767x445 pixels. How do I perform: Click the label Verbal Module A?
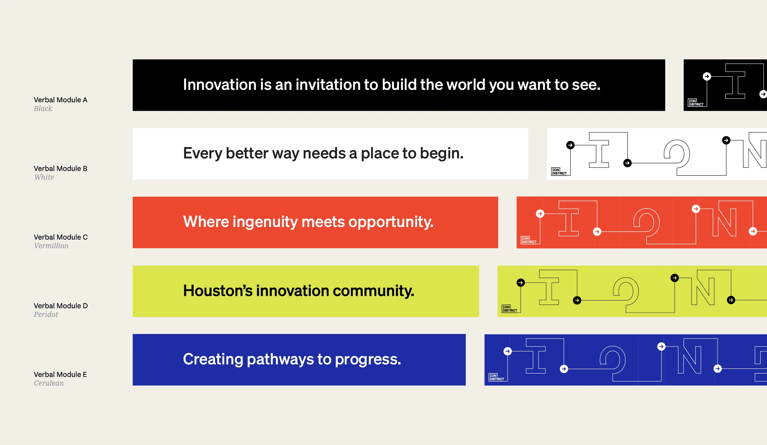coord(61,100)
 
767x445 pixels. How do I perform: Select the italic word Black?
coord(43,109)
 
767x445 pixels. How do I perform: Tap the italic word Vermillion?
coord(51,246)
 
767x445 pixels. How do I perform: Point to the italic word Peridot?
coord(46,314)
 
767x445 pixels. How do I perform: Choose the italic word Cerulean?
coord(49,383)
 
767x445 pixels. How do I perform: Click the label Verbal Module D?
coord(61,306)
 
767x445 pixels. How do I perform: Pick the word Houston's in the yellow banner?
coord(218,291)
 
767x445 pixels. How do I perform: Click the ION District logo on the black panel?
coord(696,103)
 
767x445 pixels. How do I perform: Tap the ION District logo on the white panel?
coord(559,171)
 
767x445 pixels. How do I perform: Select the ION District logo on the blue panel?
coord(497,377)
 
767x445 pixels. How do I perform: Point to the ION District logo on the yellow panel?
coord(510,309)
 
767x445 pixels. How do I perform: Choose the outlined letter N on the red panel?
coord(724,222)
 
